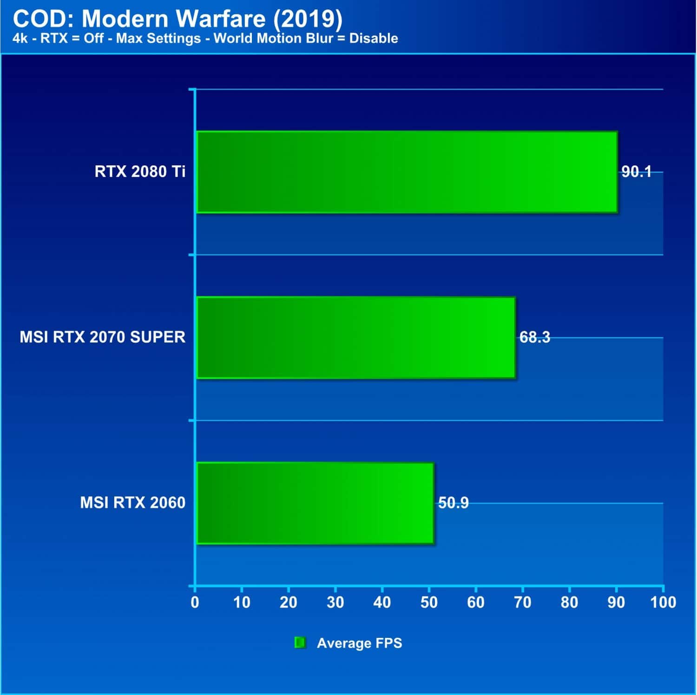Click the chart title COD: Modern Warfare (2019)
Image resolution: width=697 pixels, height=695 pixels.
pos(178,19)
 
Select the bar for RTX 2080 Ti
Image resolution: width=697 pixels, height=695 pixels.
pos(407,172)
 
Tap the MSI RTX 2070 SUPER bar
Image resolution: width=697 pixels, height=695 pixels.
pos(356,338)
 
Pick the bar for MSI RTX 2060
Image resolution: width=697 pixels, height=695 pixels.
pos(315,503)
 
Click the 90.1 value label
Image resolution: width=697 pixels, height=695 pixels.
pos(636,172)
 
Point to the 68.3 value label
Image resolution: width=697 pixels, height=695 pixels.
pos(534,337)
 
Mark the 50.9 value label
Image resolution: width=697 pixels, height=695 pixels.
pos(453,503)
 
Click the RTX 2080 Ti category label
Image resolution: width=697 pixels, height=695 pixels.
pos(140,172)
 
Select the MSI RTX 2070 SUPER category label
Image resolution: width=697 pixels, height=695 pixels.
pos(102,337)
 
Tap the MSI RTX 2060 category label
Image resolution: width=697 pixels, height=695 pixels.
pos(132,503)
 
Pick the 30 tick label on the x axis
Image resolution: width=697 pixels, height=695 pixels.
pos(335,603)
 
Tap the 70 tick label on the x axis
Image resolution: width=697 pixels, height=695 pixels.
pos(522,603)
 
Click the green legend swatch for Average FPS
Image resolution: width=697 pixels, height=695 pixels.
pos(300,643)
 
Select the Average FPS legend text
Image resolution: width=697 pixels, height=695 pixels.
pos(359,643)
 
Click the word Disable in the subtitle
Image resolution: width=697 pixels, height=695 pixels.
pos(374,39)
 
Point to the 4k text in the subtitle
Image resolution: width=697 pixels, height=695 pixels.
pos(20,39)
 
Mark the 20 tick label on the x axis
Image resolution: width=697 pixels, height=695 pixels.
pos(288,603)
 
